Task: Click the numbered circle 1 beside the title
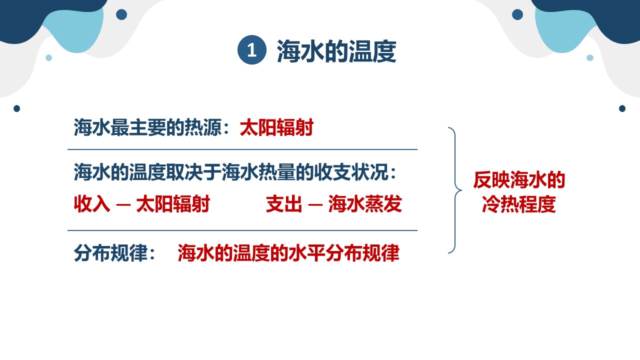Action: click(251, 50)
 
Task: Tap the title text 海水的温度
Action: click(336, 51)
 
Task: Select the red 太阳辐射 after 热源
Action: click(276, 127)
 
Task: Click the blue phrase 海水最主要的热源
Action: click(147, 127)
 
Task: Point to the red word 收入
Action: click(91, 203)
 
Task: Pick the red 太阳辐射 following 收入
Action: click(173, 203)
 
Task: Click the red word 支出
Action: click(283, 203)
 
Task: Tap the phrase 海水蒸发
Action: click(365, 203)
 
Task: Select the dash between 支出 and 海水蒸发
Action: click(315, 205)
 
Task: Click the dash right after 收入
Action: click(123, 205)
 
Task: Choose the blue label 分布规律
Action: click(110, 253)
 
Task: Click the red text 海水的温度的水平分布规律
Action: click(288, 253)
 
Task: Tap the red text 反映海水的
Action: click(519, 180)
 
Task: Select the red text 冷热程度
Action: click(519, 204)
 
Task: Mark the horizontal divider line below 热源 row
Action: click(242, 149)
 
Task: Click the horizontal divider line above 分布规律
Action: click(242, 230)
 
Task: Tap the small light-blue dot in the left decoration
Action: click(49, 57)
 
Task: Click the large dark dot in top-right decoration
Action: click(517, 14)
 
